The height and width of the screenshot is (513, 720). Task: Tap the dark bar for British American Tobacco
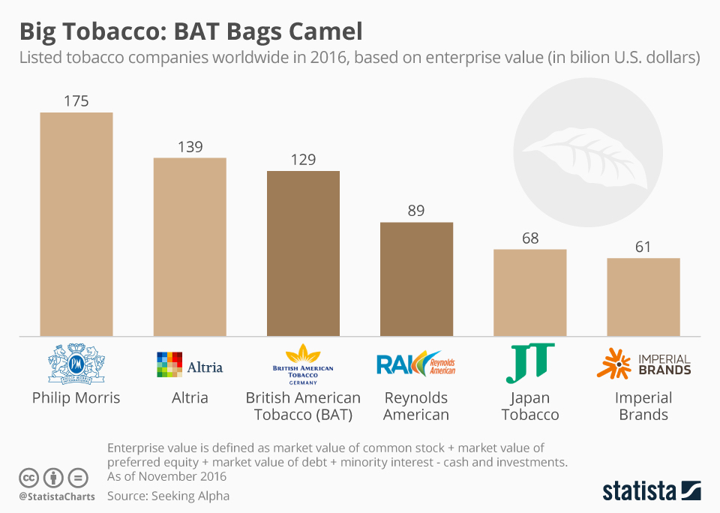click(x=303, y=253)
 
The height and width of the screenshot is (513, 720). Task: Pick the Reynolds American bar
click(x=416, y=278)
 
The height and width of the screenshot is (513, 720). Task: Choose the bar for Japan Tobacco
click(x=529, y=292)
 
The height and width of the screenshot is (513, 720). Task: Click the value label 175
click(x=76, y=100)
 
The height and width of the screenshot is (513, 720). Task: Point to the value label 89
click(x=416, y=211)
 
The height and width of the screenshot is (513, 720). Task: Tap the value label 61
click(x=643, y=247)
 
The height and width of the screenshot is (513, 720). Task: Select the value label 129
click(x=303, y=159)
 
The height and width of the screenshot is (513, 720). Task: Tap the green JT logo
click(x=529, y=363)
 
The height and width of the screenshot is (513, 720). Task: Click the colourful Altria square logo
click(x=169, y=364)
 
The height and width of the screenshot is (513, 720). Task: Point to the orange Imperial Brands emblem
click(x=613, y=363)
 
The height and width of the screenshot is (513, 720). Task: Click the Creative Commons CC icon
click(x=29, y=478)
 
